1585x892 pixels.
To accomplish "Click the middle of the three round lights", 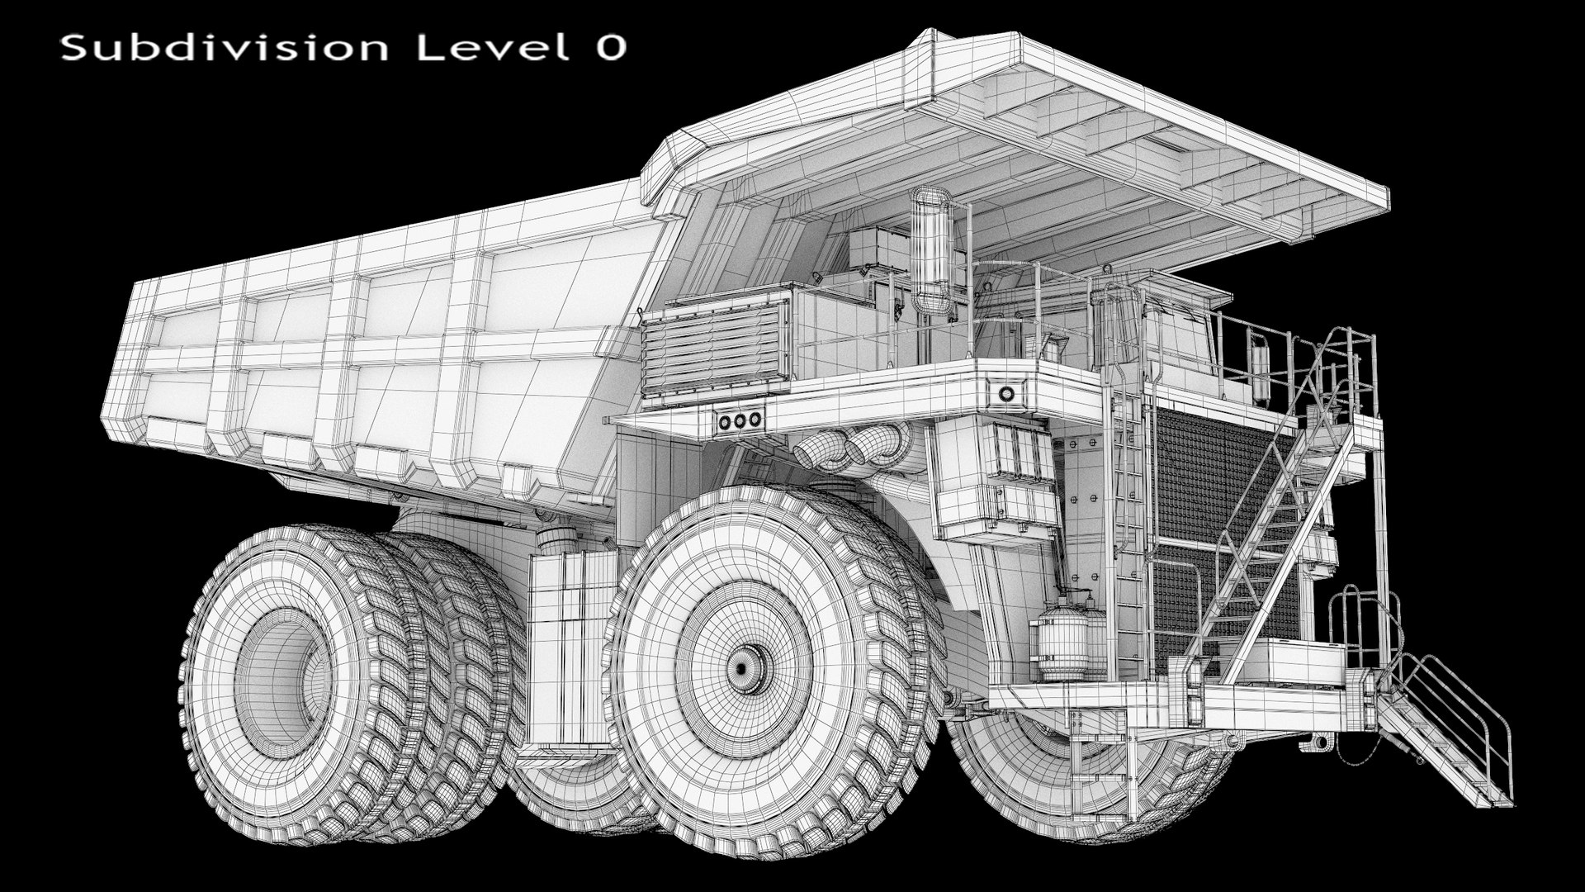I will click(x=740, y=421).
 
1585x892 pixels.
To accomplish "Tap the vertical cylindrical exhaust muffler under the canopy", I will click(x=930, y=252).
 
